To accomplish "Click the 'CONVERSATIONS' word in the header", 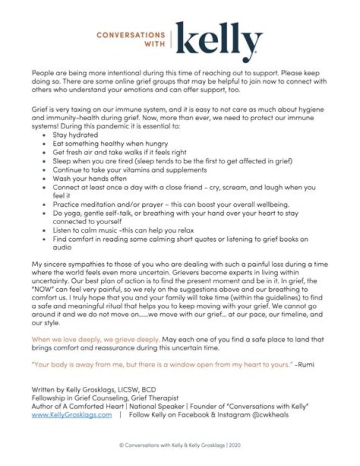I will coord(130,35).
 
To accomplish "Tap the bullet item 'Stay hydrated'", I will coord(75,135).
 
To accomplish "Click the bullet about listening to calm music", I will coord(123,230).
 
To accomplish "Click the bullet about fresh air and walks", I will coord(119,152).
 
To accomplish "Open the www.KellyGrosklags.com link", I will coord(71,415).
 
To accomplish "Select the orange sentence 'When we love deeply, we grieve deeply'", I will coord(95,339).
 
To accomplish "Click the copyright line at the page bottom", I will coord(179,444).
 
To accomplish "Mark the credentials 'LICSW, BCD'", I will coord(140,389).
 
